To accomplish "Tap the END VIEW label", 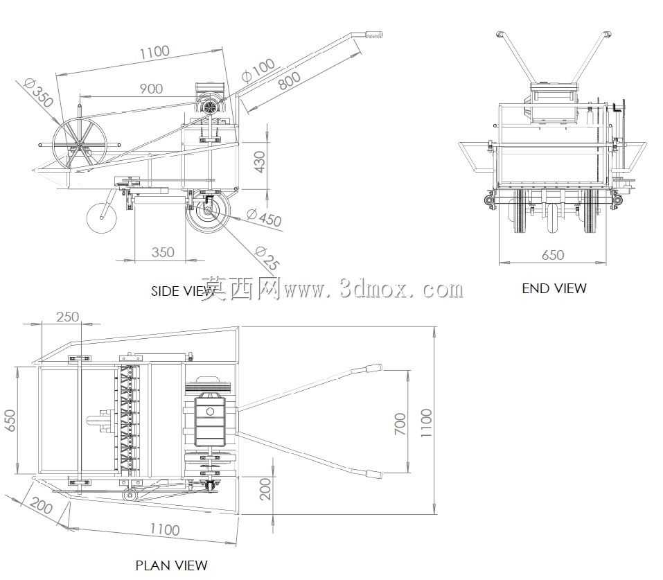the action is pyautogui.click(x=554, y=288).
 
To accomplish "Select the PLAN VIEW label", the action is pyautogui.click(x=171, y=565).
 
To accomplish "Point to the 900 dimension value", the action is pyautogui.click(x=151, y=89).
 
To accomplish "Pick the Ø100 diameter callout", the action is pyautogui.click(x=258, y=69).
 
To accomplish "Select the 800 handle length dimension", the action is pyautogui.click(x=289, y=80).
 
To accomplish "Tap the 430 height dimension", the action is pyautogui.click(x=259, y=161).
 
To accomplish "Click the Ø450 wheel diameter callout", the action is pyautogui.click(x=264, y=218).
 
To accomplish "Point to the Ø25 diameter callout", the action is pyautogui.click(x=267, y=258).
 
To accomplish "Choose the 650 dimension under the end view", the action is pyautogui.click(x=553, y=255).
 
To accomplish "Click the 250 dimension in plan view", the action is pyautogui.click(x=67, y=317).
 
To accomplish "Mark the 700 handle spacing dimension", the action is pyautogui.click(x=400, y=424).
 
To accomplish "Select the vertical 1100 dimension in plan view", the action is pyautogui.click(x=426, y=423).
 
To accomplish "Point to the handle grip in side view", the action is pyautogui.click(x=373, y=35).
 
